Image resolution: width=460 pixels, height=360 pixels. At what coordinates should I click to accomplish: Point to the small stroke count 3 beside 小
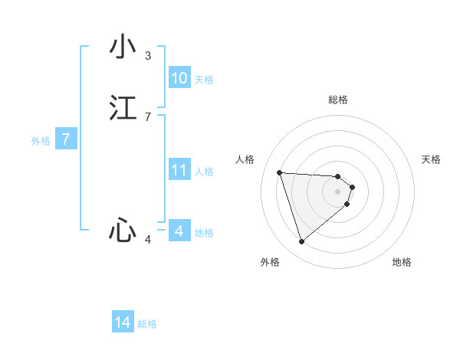point(148,56)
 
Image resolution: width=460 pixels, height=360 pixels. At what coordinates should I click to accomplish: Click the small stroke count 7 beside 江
point(148,116)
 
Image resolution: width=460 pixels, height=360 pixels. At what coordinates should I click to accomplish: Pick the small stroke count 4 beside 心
point(148,240)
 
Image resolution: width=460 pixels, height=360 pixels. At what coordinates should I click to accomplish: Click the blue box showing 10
point(179,78)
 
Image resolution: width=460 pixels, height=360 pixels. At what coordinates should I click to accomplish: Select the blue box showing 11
point(179,170)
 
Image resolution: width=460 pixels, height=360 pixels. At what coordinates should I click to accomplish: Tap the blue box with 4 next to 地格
point(179,231)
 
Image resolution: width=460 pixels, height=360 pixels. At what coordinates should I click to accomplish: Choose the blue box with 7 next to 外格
point(66,139)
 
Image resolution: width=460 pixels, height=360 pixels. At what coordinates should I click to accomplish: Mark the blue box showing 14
point(123,322)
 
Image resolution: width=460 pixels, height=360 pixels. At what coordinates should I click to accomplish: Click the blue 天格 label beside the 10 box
point(204,79)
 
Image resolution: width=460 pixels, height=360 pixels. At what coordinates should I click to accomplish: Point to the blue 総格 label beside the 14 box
point(147,324)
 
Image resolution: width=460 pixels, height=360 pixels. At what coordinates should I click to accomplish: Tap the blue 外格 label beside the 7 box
point(41,141)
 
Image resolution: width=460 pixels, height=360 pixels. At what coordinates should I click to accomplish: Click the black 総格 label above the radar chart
point(338,100)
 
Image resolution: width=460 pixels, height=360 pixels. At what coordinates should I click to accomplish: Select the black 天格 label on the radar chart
point(431,159)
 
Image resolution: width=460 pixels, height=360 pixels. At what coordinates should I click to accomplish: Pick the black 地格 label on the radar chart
point(402,262)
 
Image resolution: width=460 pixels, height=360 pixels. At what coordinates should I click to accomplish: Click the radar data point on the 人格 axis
point(280,172)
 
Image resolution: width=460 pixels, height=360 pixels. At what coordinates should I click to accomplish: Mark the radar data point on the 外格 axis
point(301,242)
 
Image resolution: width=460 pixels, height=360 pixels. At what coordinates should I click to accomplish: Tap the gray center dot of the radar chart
point(338,191)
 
